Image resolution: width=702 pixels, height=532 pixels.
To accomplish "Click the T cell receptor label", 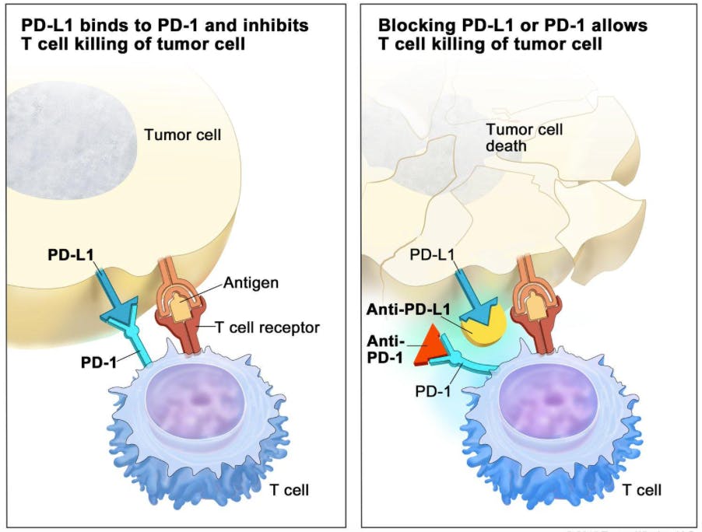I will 267,327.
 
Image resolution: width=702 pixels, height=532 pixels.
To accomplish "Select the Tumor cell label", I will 183,135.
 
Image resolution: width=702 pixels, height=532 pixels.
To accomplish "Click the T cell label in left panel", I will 289,490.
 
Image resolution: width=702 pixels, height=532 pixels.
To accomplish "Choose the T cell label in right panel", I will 642,490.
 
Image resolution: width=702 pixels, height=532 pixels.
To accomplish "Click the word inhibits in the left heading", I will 276,26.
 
